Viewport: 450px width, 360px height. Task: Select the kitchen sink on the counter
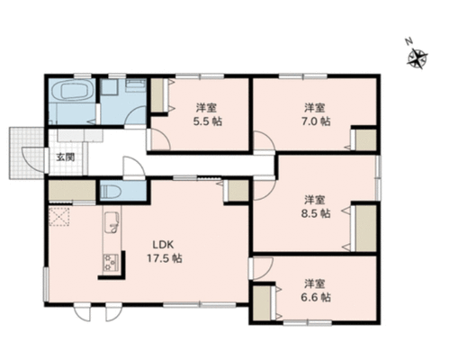pos(112,222)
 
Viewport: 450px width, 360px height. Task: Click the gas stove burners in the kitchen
pos(110,263)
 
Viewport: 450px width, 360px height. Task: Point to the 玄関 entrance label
pos(66,157)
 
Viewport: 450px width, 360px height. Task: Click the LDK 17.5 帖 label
pos(164,251)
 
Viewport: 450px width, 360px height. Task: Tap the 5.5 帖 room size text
pos(208,121)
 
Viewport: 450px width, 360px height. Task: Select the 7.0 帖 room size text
pos(316,121)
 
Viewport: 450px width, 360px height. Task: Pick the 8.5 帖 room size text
pos(316,213)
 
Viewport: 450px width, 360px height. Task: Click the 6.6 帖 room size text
pos(316,297)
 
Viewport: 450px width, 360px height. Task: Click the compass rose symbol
pos(418,58)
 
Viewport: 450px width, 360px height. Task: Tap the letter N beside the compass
pos(408,41)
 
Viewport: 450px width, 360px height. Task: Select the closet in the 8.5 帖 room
pos(365,229)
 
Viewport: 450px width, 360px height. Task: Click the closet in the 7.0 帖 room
pos(365,140)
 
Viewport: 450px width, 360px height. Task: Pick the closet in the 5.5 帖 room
pos(157,95)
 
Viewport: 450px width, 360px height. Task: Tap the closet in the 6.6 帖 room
pos(261,303)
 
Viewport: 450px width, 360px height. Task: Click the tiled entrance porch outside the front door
pos(27,153)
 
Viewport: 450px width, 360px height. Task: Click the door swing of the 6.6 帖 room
pos(264,269)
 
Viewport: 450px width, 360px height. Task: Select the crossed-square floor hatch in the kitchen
pos(59,217)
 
